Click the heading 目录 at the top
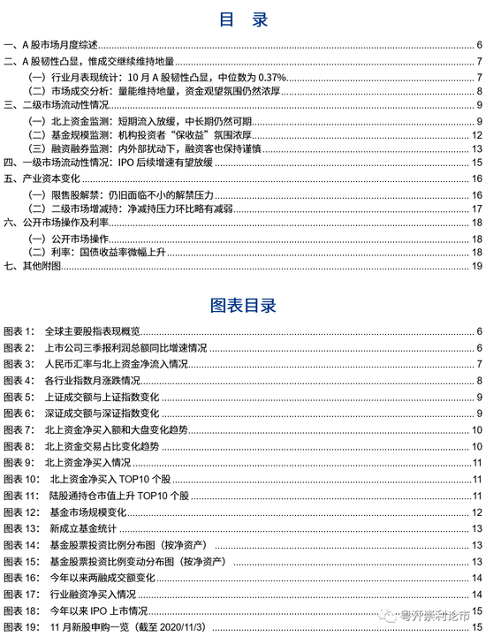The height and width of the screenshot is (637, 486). [243, 20]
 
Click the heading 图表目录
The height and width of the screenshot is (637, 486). [243, 305]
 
